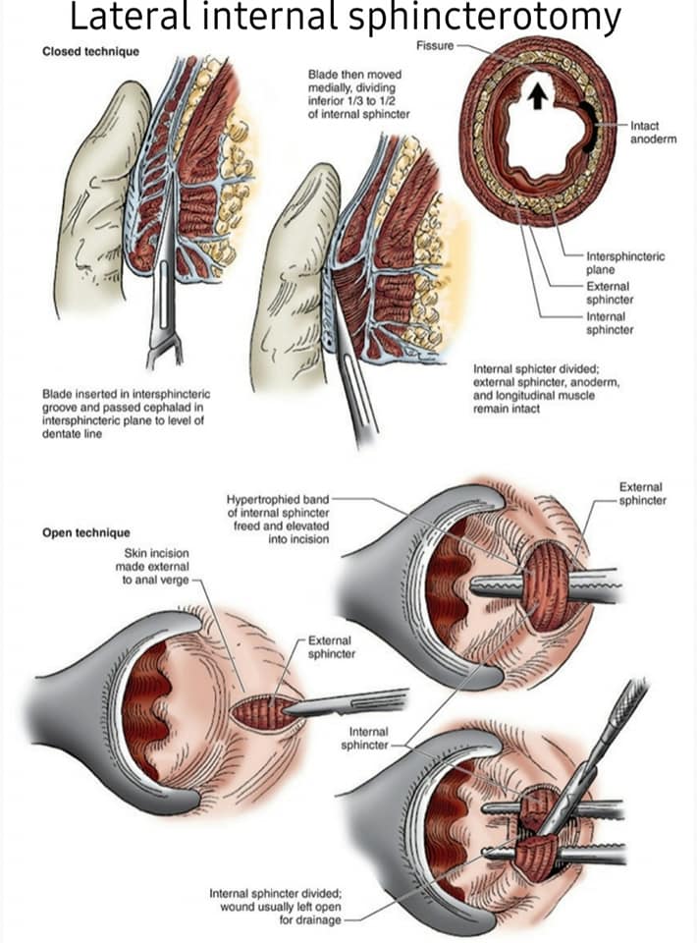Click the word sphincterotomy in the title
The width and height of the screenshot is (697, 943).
(x=484, y=17)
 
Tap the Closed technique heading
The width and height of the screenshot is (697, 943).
(x=90, y=52)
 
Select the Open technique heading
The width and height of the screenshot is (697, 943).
(x=86, y=532)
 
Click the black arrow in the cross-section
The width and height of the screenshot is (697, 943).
(x=538, y=96)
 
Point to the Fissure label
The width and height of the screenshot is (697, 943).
(x=435, y=46)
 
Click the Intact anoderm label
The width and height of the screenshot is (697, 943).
(x=653, y=133)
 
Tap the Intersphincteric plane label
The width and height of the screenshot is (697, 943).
(x=625, y=263)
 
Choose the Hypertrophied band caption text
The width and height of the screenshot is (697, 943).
(x=278, y=519)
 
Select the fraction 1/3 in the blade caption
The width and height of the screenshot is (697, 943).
(x=355, y=101)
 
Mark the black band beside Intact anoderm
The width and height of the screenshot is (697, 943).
(x=588, y=127)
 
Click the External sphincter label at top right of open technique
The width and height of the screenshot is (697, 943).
(x=642, y=494)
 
